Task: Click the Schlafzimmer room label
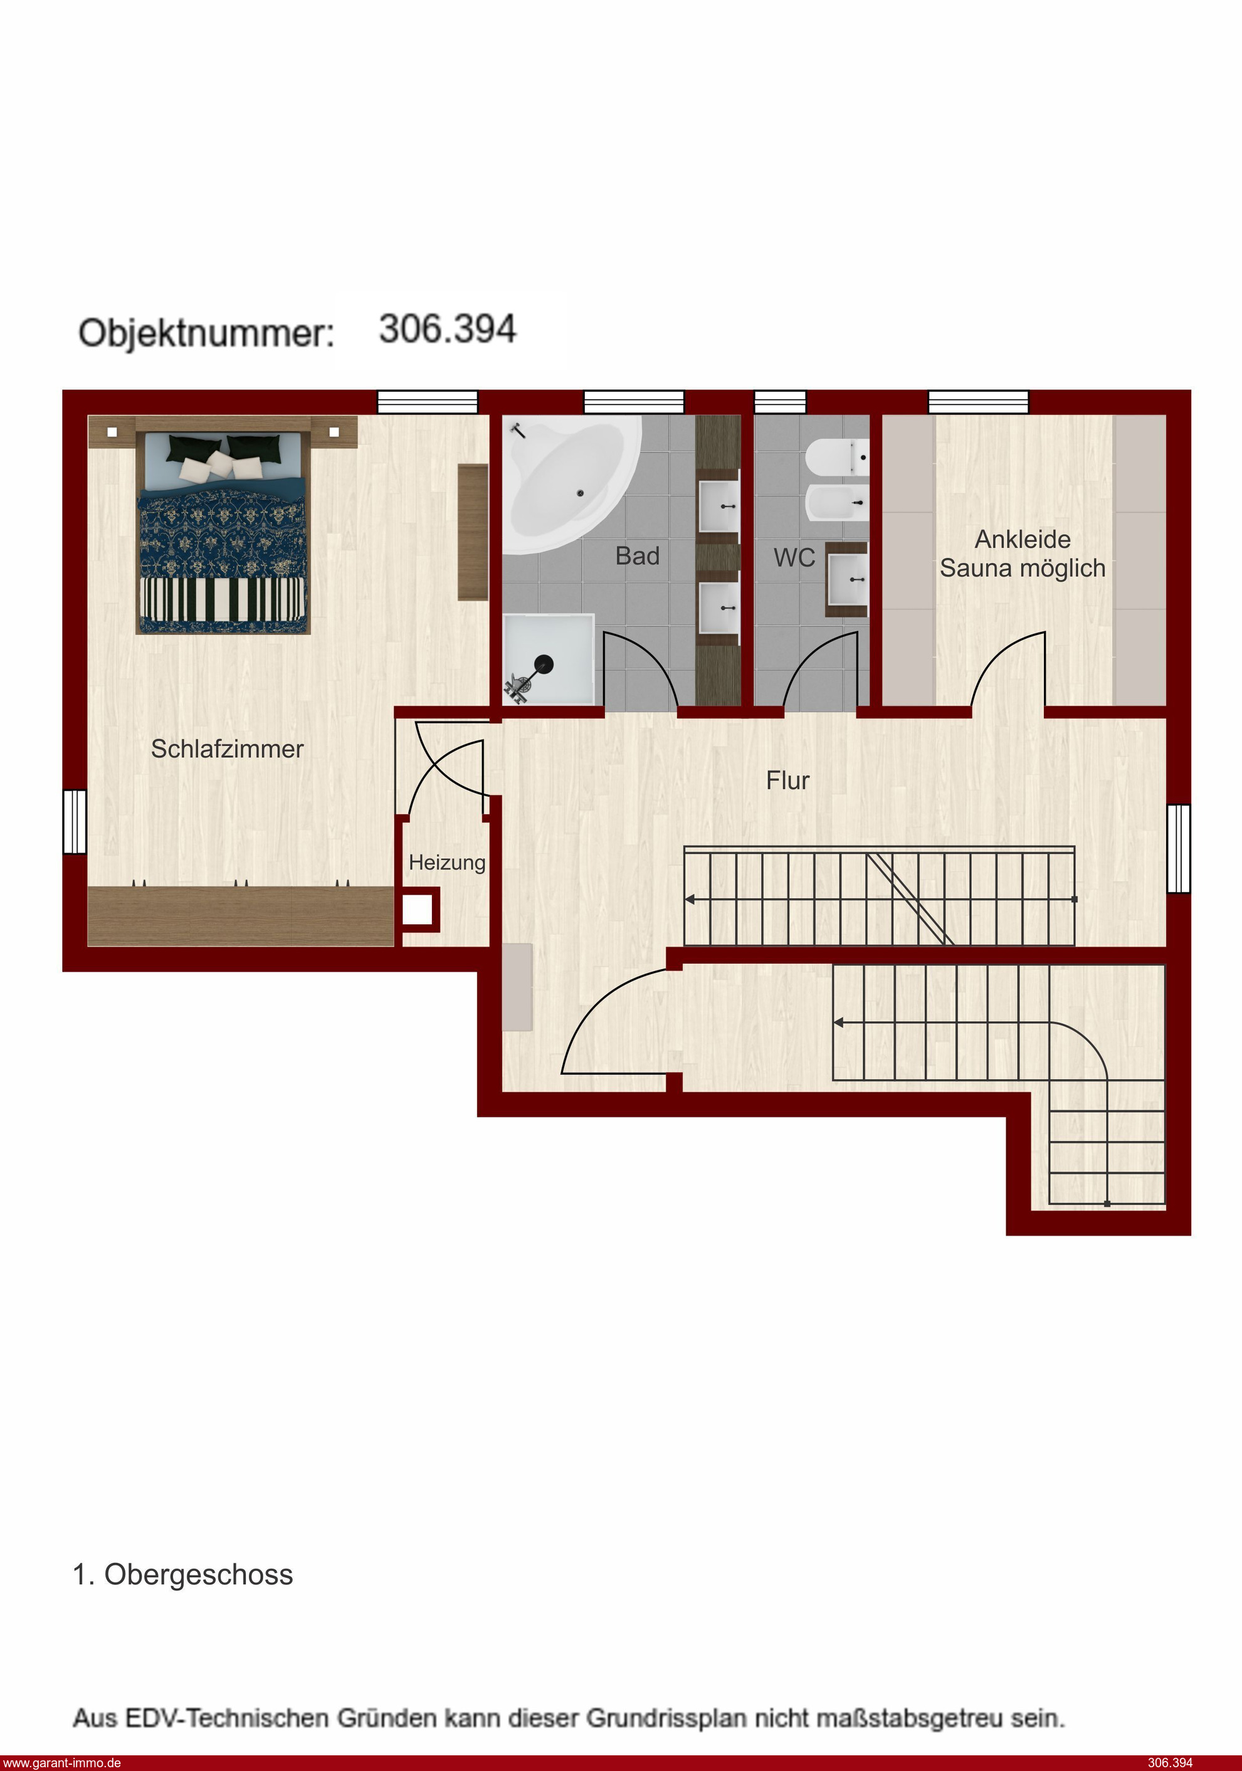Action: tap(227, 749)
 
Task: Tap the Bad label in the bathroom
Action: tap(637, 555)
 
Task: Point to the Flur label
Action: tap(787, 780)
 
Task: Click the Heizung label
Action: tap(446, 863)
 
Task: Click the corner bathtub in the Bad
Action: tap(572, 483)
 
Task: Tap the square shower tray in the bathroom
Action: tap(549, 659)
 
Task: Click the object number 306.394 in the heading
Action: tap(448, 329)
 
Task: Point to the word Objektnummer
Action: tap(206, 332)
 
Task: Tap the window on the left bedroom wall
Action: tap(75, 821)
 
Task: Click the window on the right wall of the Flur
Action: tap(1178, 848)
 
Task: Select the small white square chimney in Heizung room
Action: tap(418, 910)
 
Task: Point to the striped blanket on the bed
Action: tap(223, 599)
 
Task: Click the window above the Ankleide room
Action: tap(977, 401)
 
